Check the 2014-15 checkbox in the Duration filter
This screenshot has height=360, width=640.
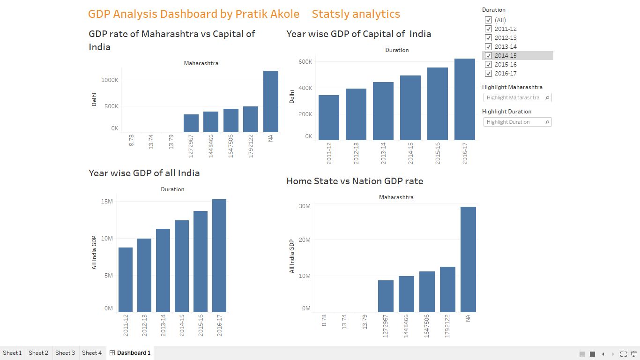click(488, 56)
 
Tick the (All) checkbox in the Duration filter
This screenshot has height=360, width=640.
click(488, 20)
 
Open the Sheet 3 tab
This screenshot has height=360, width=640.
click(65, 353)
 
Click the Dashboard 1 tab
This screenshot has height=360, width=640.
click(130, 353)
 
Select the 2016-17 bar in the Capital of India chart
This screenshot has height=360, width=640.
click(464, 99)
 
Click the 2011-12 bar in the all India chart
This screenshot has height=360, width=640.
click(126, 280)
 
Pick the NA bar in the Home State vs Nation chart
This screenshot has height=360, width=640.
click(468, 259)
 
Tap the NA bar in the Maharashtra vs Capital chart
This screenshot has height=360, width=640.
click(271, 101)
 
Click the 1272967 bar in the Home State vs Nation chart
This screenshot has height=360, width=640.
click(386, 296)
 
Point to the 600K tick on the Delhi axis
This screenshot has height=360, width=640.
click(305, 62)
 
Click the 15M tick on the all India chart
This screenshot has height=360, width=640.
click(107, 202)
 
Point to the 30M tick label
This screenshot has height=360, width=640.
click(305, 206)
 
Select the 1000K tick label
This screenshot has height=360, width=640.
click(110, 80)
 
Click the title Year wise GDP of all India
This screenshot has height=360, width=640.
click(144, 173)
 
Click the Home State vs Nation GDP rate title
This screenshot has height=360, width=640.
click(355, 181)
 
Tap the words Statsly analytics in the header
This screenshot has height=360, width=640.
click(356, 14)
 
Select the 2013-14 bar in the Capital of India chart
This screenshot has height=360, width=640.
click(383, 111)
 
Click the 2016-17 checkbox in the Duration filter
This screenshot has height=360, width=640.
click(488, 74)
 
